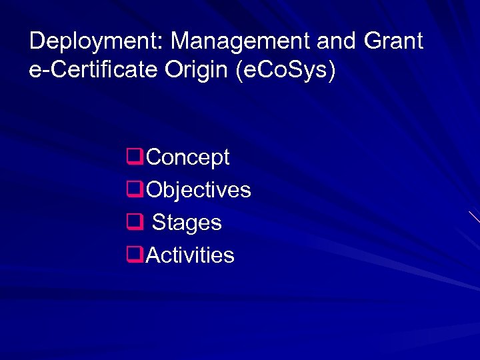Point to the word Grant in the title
click(393, 41)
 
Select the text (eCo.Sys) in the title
click(286, 71)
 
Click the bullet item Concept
click(187, 158)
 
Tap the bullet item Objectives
click(199, 190)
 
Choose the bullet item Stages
click(187, 223)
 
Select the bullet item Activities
click(190, 255)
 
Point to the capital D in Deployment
click(37, 41)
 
